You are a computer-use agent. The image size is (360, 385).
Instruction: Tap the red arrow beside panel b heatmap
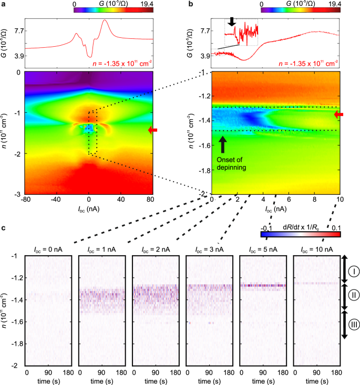click(339, 114)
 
